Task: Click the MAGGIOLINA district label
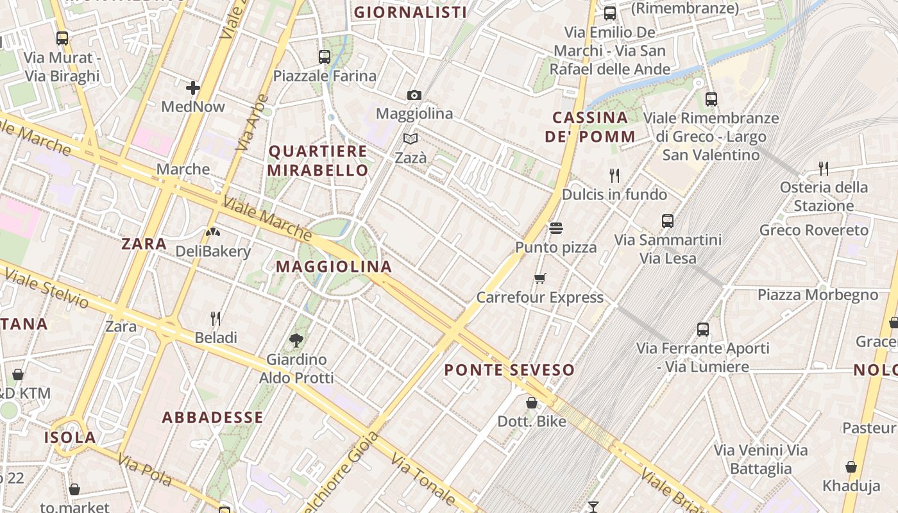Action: [x=334, y=267]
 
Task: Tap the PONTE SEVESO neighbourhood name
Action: [x=509, y=370]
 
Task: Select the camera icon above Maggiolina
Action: [x=414, y=96]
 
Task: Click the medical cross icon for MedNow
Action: [x=193, y=88]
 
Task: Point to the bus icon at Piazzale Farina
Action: [x=325, y=57]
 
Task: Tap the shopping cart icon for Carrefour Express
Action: [x=539, y=278]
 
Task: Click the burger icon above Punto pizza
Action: [x=555, y=228]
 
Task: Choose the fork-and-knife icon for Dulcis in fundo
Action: [x=614, y=175]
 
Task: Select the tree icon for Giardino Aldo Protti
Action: [x=296, y=341]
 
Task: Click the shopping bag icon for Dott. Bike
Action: [x=532, y=403]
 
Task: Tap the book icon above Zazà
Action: [x=411, y=139]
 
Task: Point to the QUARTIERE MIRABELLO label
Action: [x=318, y=161]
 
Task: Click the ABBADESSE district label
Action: [x=212, y=417]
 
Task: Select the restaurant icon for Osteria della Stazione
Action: [x=824, y=168]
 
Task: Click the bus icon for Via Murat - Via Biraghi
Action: [x=62, y=38]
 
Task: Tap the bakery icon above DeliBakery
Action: [x=213, y=232]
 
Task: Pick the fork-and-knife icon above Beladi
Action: [x=216, y=318]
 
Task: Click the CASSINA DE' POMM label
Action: [x=590, y=127]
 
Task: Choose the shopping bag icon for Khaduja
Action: [x=851, y=466]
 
